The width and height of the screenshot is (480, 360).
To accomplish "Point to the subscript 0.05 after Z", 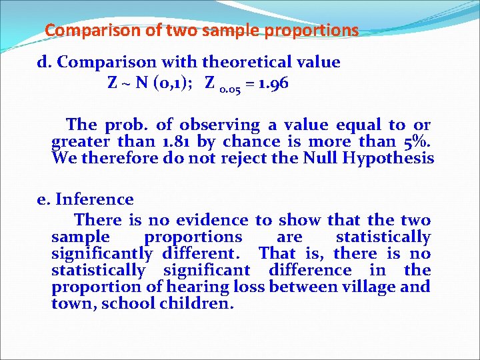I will coord(231,88).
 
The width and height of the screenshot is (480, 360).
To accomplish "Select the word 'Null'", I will coord(321,159).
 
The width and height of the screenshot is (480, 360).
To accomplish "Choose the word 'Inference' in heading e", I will coord(95,199).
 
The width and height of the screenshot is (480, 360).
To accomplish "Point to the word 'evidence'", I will coord(218,220).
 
